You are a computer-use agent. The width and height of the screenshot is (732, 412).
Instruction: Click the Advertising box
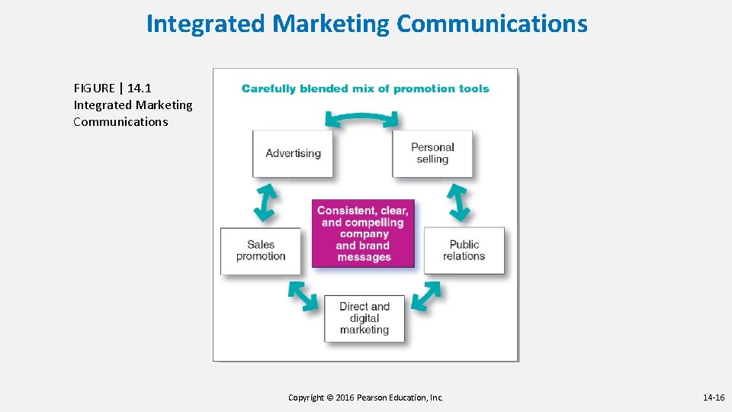pos(293,153)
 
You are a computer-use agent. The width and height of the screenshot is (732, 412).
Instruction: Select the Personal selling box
pos(432,153)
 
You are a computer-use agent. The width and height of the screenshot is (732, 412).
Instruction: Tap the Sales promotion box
pos(261,250)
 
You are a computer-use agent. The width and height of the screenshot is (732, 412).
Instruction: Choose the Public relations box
pos(464,250)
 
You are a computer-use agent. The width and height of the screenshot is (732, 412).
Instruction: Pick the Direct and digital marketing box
pos(364,318)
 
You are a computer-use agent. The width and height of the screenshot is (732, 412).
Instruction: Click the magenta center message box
pos(364,233)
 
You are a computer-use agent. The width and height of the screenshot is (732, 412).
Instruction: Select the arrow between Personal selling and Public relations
pos(458,201)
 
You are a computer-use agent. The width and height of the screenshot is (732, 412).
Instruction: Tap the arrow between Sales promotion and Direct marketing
pos(303,296)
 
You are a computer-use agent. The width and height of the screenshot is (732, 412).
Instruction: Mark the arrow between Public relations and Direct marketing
pos(425,296)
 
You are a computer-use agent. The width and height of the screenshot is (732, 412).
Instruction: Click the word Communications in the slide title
pos(492,24)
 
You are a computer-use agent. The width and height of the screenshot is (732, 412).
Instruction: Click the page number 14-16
pos(714,398)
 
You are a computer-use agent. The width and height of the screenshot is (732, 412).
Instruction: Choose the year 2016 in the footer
pos(348,398)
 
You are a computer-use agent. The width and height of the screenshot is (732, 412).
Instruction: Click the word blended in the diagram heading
pos(324,89)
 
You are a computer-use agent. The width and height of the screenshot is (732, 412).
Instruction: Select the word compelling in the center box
pos(374,223)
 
